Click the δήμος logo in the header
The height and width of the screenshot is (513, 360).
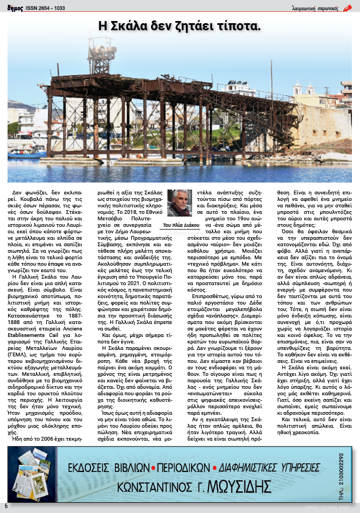[14, 8]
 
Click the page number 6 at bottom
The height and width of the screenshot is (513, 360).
[6, 506]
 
